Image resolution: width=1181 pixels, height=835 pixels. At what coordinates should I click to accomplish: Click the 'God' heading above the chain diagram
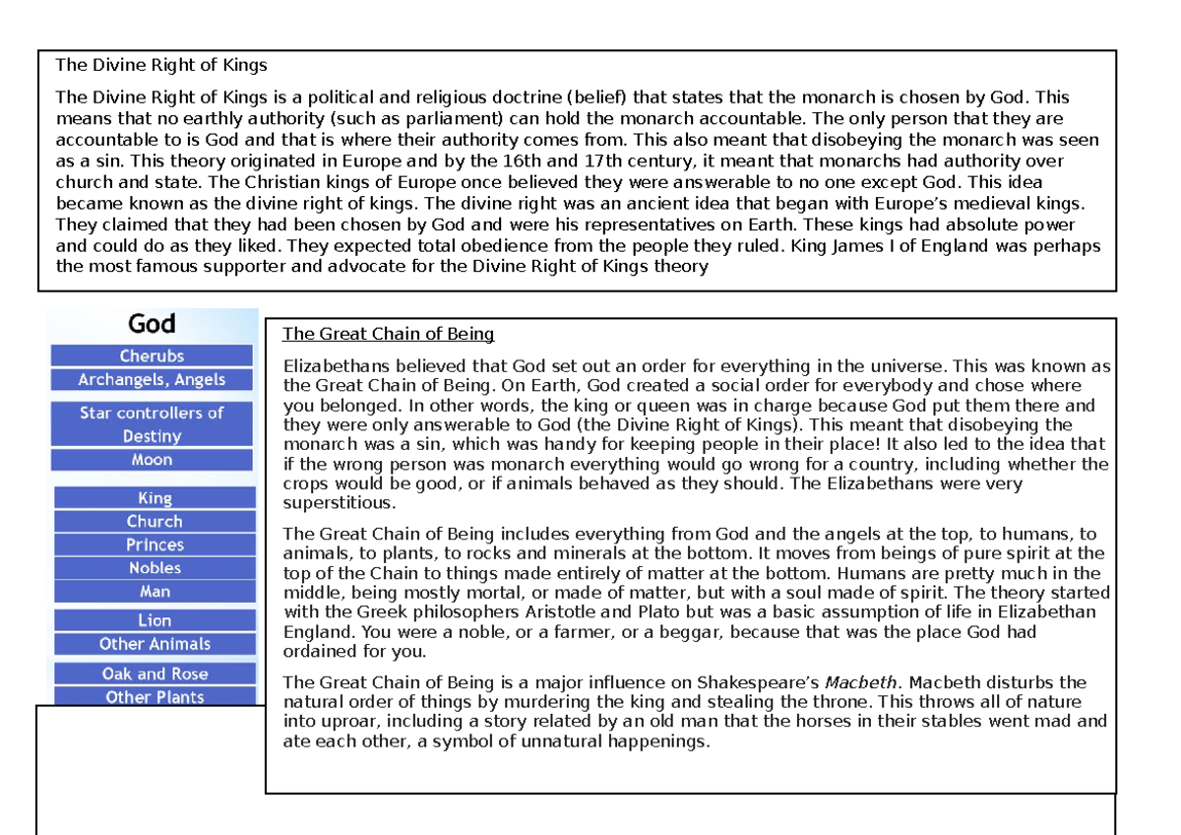click(152, 323)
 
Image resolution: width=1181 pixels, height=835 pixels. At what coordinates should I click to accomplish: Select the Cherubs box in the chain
click(152, 356)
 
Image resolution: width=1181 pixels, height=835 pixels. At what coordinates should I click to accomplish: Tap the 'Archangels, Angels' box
click(152, 380)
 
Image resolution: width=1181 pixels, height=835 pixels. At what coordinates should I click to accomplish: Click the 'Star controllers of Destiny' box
click(152, 424)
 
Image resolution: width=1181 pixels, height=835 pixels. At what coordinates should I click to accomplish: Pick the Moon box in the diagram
click(152, 460)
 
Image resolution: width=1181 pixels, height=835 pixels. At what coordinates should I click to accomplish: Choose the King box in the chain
click(155, 498)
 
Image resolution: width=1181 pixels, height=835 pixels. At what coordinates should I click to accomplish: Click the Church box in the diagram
click(155, 522)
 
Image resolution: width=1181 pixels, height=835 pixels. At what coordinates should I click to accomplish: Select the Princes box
click(155, 545)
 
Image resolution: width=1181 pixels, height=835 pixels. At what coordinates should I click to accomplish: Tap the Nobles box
click(155, 568)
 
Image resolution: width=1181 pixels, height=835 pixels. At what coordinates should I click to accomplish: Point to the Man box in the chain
click(155, 592)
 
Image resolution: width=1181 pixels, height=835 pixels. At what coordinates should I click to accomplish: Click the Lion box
click(155, 620)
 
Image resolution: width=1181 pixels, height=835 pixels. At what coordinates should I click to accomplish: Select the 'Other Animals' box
click(155, 644)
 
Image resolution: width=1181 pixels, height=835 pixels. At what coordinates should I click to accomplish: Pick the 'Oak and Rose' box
click(155, 674)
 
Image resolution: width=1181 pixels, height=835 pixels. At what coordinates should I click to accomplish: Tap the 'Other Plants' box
click(155, 697)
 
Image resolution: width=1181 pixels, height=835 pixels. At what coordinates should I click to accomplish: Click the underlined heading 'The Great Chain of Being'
click(388, 334)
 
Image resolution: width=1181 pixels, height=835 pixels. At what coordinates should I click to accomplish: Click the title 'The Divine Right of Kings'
click(161, 66)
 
